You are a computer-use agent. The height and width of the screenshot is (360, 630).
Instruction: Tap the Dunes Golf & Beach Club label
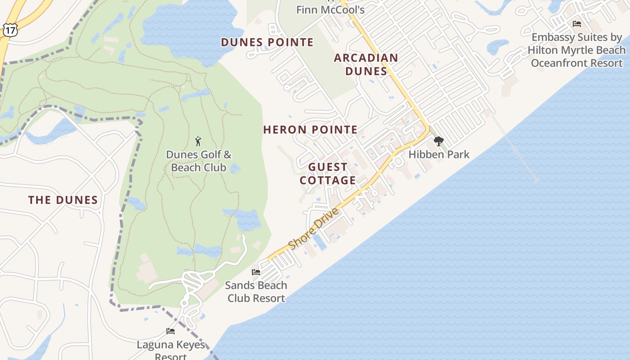click(198, 161)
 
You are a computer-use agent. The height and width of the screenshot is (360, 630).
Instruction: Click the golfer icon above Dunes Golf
click(198, 141)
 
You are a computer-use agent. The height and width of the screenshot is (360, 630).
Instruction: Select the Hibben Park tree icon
click(438, 142)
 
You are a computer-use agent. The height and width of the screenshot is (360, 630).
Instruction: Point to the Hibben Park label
click(439, 154)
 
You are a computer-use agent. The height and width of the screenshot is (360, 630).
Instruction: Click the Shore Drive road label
click(313, 229)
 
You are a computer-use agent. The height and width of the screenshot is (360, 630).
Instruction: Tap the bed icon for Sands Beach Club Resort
click(256, 272)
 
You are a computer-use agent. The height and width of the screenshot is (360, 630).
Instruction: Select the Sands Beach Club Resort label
click(256, 292)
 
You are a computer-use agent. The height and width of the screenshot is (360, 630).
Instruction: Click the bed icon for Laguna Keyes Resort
click(171, 332)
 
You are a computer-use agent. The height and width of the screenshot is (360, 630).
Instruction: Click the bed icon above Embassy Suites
click(577, 24)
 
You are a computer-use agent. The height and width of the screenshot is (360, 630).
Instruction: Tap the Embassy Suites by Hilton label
click(576, 50)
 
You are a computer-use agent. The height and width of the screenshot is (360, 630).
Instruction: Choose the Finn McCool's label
click(330, 9)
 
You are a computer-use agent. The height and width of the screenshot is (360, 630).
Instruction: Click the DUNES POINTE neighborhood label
click(267, 42)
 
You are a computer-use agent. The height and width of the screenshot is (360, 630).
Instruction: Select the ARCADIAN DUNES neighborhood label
click(366, 64)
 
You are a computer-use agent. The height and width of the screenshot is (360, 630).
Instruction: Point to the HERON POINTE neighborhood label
click(310, 130)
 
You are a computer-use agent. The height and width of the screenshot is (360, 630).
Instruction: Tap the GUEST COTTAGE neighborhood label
click(328, 174)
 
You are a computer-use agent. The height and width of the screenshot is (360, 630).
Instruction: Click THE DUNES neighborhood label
click(63, 200)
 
